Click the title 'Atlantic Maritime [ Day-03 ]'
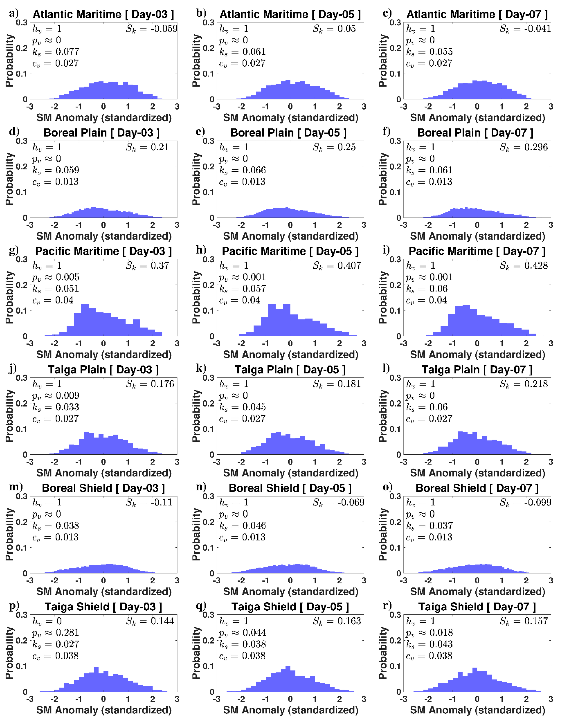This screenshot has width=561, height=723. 103,14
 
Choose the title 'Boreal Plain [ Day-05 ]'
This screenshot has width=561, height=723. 288,133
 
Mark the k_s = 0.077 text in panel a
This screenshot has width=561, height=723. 56,52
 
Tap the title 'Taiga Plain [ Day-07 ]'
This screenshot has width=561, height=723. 477,370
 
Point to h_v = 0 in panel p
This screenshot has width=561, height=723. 47,621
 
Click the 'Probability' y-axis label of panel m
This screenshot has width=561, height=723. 9,534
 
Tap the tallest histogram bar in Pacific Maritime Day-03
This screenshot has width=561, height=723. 85,319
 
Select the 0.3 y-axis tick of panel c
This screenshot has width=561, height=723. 395,22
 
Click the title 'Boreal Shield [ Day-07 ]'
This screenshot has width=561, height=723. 477,488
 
